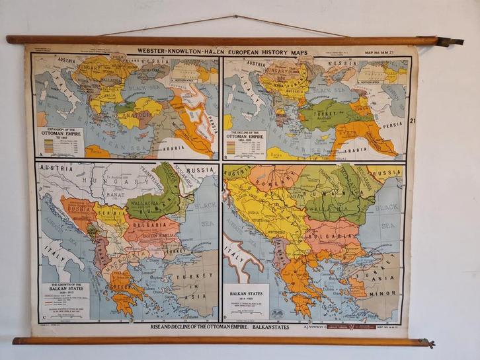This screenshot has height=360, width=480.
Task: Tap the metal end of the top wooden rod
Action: [450, 41]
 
